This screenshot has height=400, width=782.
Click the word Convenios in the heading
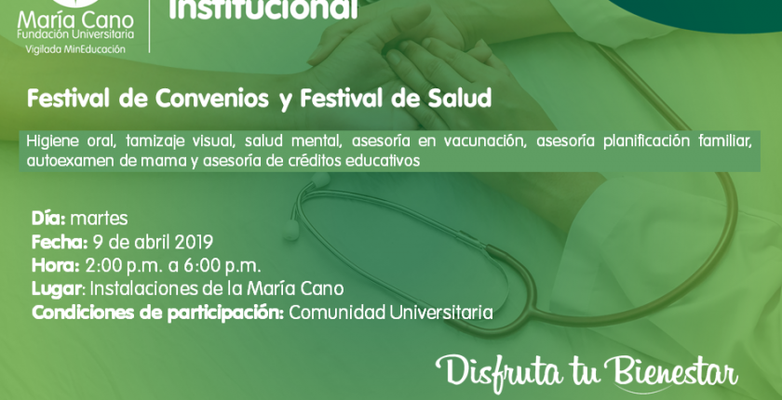212,99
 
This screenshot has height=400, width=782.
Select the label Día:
48,219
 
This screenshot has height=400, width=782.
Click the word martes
100,220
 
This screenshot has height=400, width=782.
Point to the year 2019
194,243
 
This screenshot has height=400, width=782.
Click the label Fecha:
60,243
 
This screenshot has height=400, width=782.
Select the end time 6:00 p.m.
222,266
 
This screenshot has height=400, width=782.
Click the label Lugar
57,289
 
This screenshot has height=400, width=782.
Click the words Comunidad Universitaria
391,313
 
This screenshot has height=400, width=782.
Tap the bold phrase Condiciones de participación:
158,313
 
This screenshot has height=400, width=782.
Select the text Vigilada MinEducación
75,49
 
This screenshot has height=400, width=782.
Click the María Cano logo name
75,20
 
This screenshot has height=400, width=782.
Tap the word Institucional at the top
263,9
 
